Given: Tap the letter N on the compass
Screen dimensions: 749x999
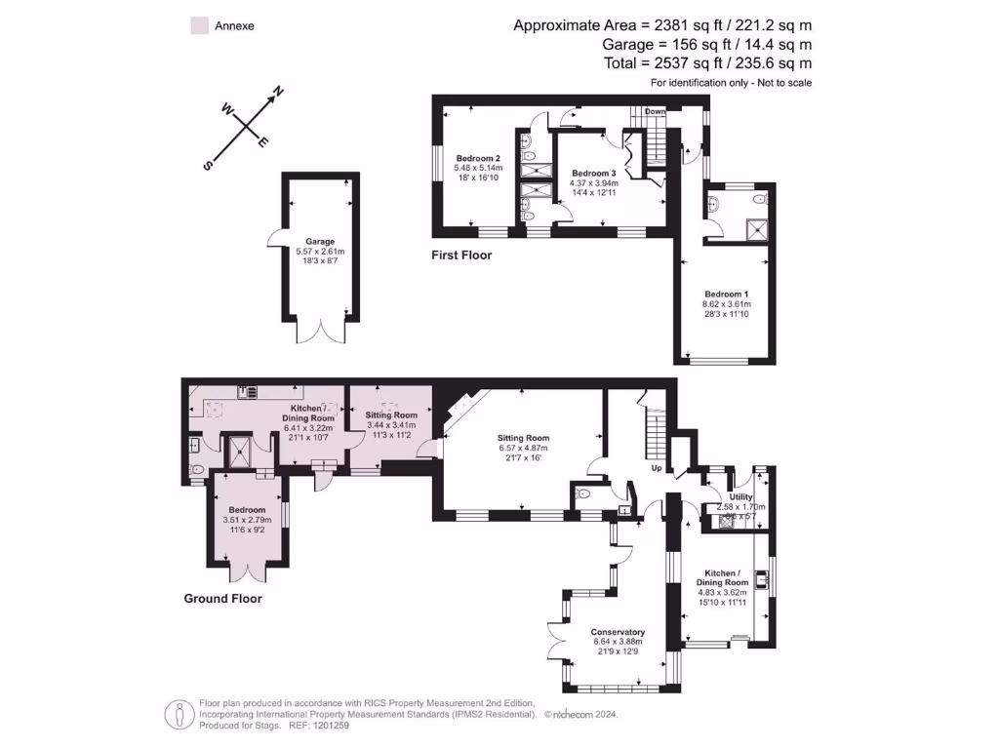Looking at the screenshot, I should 277,92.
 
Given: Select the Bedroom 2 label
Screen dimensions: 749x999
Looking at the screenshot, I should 478,158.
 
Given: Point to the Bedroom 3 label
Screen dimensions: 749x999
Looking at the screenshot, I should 594,173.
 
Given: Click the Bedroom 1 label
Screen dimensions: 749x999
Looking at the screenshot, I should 727,294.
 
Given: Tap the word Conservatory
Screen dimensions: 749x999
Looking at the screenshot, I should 618,631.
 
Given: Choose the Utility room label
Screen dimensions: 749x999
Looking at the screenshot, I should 740,496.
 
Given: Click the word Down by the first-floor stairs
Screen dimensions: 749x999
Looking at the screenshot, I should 655,111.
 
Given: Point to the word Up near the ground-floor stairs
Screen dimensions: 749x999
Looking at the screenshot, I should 658,468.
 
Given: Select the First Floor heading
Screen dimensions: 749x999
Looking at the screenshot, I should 461,256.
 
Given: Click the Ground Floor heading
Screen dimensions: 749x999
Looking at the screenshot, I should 222,599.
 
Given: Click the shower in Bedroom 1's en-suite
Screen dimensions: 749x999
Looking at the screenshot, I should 755,229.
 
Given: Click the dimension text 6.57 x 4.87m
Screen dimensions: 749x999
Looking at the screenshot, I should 523,449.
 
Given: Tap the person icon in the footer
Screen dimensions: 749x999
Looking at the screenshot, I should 178,714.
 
